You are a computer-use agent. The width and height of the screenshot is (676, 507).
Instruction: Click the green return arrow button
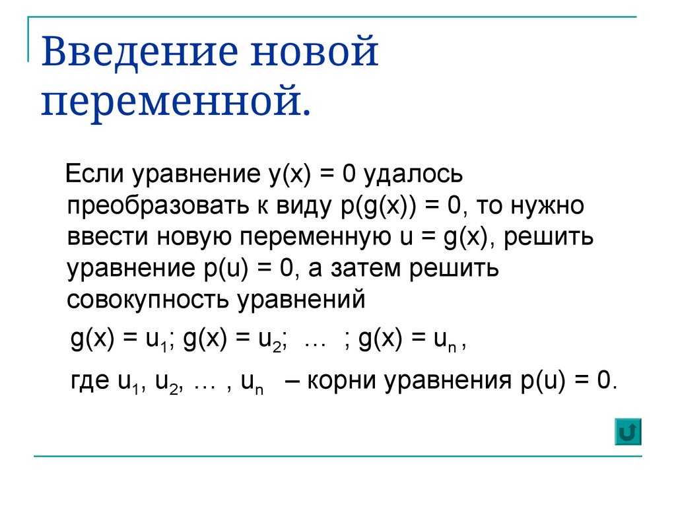point(628,431)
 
